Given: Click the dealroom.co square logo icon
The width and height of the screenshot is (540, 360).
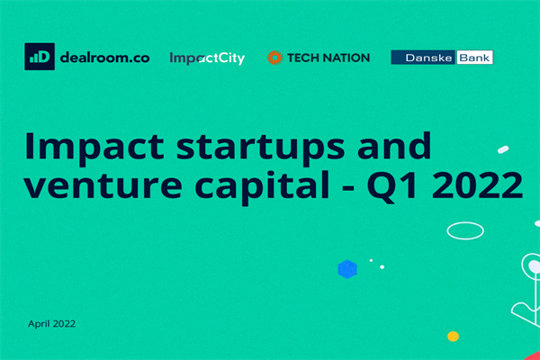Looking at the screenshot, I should (x=40, y=56).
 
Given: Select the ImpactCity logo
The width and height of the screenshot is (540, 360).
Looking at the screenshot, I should (x=207, y=58).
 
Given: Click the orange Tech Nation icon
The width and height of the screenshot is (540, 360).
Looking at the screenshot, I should (x=274, y=58).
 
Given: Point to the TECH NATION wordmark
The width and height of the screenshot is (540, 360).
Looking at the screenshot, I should (x=328, y=58).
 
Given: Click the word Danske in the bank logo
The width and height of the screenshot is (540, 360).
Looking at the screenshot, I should (x=419, y=57).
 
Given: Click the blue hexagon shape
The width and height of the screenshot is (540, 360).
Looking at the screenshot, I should (x=346, y=268).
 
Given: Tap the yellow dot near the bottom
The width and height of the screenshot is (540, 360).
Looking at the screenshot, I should (x=454, y=337).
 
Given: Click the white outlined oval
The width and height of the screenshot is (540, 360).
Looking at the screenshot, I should (x=465, y=230).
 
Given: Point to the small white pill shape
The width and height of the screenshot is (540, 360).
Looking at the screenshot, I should (x=503, y=149).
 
